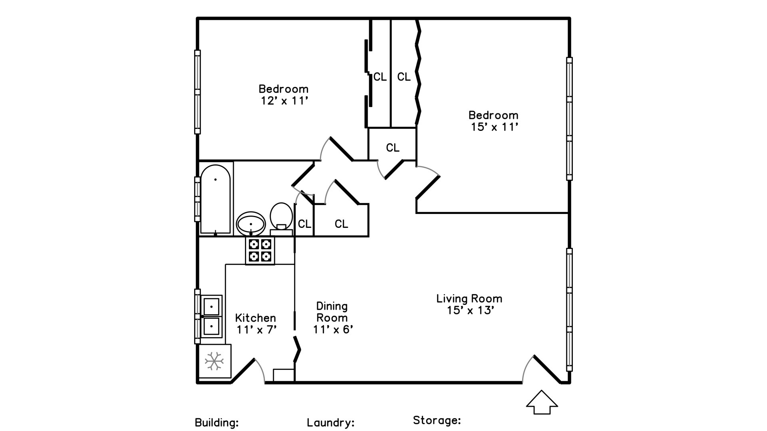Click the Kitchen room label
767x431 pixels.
point(255,318)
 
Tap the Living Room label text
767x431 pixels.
point(469,299)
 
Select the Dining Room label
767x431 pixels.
point(332,312)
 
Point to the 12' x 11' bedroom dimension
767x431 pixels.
point(284,101)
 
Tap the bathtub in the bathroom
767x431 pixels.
point(215,199)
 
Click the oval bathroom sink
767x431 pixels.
point(251,223)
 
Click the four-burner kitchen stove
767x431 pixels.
point(260,251)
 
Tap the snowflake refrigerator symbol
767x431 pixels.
point(214,361)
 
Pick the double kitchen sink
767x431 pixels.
point(211,316)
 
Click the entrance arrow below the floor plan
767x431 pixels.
point(542,402)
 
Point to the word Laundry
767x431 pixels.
point(330,423)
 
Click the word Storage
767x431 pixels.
point(437,420)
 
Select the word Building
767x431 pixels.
point(217,423)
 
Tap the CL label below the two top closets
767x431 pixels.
point(392,148)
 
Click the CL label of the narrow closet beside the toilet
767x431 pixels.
point(304,224)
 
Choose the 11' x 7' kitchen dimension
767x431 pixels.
point(256,330)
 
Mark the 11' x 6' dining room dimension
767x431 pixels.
point(333,330)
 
